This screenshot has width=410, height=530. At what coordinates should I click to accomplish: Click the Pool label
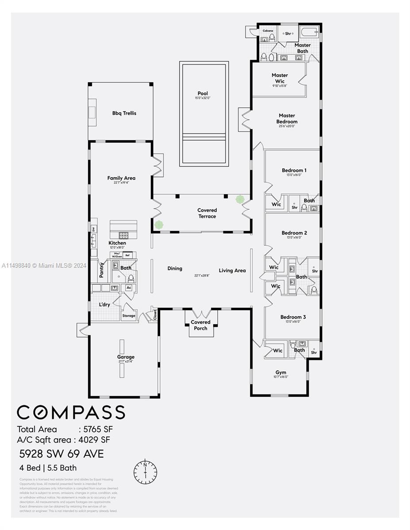(x=203, y=94)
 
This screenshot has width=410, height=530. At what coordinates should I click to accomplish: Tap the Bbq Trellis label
(x=124, y=113)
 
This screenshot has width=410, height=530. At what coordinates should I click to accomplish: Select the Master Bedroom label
(x=287, y=119)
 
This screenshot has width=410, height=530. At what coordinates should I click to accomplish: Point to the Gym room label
(x=280, y=372)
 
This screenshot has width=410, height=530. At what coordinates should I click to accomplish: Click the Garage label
(x=126, y=357)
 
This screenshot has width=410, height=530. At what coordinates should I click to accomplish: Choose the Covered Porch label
(x=201, y=325)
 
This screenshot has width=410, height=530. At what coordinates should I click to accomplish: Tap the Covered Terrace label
(x=207, y=213)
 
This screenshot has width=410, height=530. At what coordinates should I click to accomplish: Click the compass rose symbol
(x=145, y=472)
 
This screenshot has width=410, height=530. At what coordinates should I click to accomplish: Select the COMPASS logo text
(x=71, y=413)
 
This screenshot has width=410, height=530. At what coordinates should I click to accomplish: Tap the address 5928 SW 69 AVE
(x=61, y=454)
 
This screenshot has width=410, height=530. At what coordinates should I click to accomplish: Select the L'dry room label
(x=104, y=305)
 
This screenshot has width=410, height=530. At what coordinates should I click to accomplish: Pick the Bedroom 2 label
(x=294, y=233)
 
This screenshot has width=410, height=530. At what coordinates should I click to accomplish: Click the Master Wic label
(x=280, y=78)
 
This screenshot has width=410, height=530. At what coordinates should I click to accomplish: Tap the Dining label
(x=175, y=269)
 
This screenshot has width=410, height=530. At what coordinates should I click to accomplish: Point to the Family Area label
(x=121, y=178)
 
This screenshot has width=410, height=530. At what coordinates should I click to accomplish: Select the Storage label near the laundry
(x=129, y=316)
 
